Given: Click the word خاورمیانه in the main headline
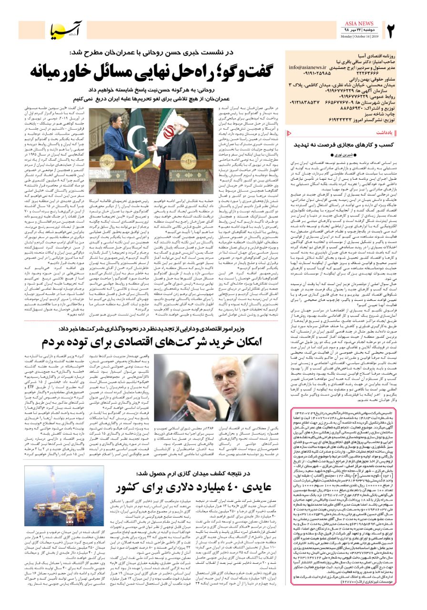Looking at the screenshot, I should pos(64,71).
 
